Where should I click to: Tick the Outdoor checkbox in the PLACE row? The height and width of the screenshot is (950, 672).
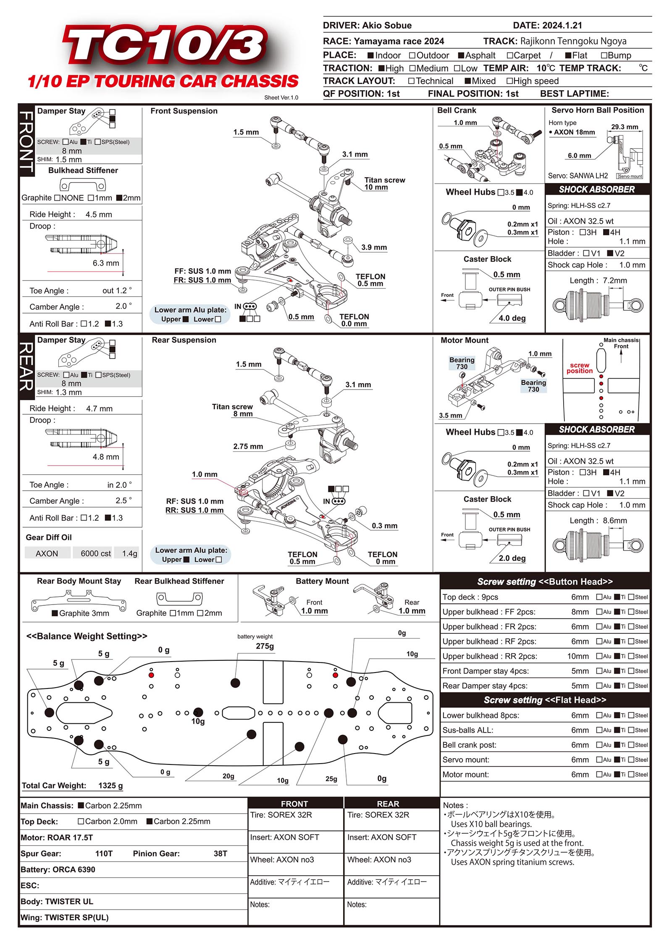[x=412, y=55]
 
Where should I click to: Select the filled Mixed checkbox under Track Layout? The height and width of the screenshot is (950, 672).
[x=467, y=81]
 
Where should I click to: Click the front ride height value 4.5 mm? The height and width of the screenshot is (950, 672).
[x=99, y=215]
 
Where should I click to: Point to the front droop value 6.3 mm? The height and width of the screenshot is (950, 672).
[x=106, y=263]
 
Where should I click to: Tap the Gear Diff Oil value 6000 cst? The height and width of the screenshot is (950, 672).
[x=96, y=554]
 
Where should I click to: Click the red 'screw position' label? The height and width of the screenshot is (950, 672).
[x=579, y=368]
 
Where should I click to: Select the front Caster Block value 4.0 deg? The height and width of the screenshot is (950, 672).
[x=512, y=318]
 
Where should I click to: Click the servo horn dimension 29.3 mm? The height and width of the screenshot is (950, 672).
[x=624, y=127]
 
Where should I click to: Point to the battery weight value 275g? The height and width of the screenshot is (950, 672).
[x=265, y=646]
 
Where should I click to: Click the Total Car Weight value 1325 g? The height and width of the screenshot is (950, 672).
[x=110, y=785]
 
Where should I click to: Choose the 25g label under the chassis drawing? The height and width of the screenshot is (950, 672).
[x=331, y=779]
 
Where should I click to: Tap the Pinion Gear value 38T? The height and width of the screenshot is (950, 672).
[x=220, y=853]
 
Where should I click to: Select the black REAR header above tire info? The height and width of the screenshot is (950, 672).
[x=388, y=803]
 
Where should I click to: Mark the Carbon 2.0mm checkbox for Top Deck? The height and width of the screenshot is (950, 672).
[x=81, y=821]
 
